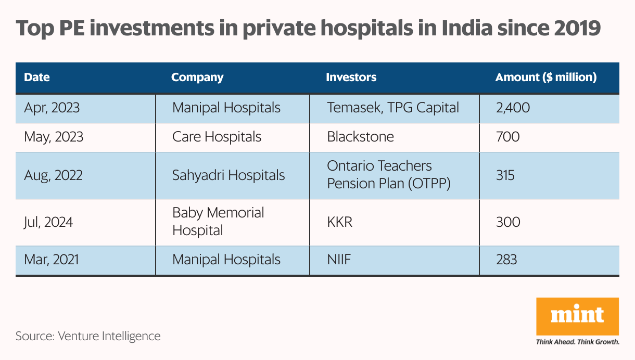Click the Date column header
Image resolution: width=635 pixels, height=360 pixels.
(37, 78)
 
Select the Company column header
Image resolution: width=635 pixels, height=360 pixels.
(197, 78)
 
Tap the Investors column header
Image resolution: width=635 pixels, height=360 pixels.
(351, 78)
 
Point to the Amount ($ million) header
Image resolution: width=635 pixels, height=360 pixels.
(545, 78)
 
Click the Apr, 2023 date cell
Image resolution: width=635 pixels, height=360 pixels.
(52, 108)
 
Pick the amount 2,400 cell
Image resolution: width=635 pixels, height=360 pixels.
(513, 108)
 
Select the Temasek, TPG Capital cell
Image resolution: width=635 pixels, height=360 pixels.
(393, 108)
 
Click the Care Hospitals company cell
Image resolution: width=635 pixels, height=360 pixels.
(217, 137)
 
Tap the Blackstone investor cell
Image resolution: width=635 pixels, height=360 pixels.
(360, 137)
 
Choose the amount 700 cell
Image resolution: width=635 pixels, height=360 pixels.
(507, 137)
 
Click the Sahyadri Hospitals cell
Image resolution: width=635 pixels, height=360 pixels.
(228, 175)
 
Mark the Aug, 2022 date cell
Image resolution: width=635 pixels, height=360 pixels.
(53, 175)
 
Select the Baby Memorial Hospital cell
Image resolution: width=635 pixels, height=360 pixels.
(218, 222)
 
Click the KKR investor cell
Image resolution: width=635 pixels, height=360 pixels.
(339, 222)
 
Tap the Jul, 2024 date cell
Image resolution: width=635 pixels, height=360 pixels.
(48, 222)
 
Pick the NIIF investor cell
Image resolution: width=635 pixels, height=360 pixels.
(339, 259)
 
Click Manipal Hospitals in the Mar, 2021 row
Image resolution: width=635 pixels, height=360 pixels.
(226, 259)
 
